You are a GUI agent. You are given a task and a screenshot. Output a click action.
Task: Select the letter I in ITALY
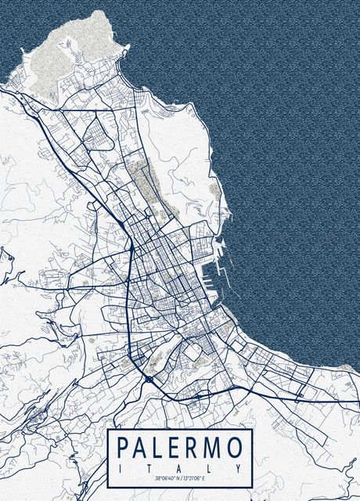[x=120, y=468]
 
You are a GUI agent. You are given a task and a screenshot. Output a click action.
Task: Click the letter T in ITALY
[x=149, y=468]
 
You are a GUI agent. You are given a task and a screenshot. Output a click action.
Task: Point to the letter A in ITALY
[x=179, y=468]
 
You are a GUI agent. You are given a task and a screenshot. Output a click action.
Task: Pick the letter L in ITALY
[x=210, y=468]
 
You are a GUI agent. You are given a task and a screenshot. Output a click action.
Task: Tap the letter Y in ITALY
[x=239, y=468]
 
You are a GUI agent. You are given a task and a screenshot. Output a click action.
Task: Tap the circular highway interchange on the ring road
[x=148, y=379]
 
